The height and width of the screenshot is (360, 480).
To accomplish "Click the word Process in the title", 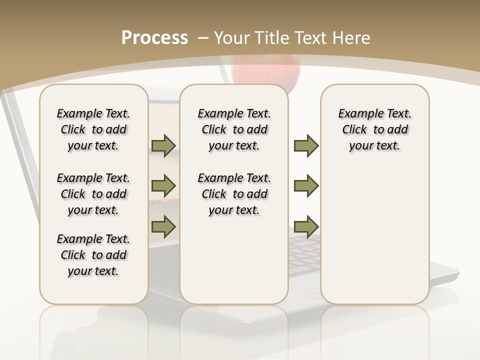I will tap(154, 37).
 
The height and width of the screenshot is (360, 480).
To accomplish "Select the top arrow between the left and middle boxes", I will tap(163, 145).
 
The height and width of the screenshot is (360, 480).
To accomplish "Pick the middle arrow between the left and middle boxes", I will tap(163, 186).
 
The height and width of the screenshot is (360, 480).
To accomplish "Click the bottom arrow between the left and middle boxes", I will tap(163, 226).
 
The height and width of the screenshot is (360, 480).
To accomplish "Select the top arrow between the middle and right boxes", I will tap(306, 145).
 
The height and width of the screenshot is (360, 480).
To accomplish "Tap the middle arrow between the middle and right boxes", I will tap(306, 186).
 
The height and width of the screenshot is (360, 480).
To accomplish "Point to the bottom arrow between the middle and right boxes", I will tap(306, 226).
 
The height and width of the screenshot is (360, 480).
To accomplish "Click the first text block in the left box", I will tap(93, 129).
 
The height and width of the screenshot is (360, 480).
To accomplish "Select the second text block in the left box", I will tap(93, 194).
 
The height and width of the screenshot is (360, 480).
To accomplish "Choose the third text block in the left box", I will tap(93, 255).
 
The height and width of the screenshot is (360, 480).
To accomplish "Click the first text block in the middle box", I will tap(234, 129).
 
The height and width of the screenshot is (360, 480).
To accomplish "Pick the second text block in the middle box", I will tap(234, 194).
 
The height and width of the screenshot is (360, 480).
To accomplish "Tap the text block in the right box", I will tap(375, 129).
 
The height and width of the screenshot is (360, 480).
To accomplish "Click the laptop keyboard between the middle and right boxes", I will tap(304, 255).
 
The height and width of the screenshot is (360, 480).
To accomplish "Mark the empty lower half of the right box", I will tap(375, 235).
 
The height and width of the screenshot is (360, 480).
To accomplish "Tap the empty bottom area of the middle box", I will tap(234, 265).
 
